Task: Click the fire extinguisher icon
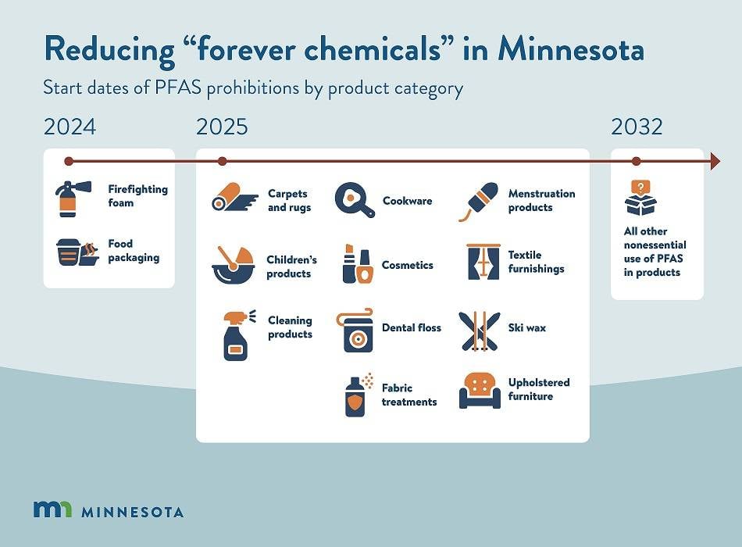pos(70,198)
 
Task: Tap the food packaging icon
pos(77,252)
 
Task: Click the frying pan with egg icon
pos(354,200)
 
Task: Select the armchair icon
pos(479,389)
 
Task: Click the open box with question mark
pos(640,198)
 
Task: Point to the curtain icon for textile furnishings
pos(483,263)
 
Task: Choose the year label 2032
pos(637,127)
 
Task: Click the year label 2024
pos(70,127)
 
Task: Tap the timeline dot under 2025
pos(222,161)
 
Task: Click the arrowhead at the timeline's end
pos(714,161)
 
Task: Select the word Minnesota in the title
pos(571,50)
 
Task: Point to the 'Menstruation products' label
pos(541,200)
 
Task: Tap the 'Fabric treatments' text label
pos(408,395)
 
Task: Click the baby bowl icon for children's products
pos(231,265)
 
